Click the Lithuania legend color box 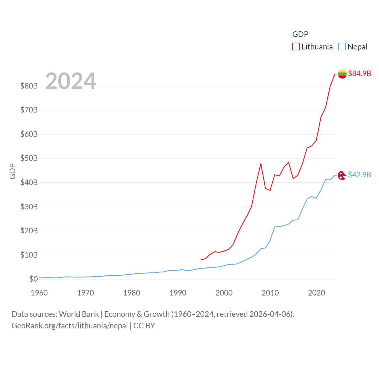(296, 47)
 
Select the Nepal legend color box (342, 47)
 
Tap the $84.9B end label (359, 73)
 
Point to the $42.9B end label (359, 175)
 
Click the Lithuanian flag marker (342, 74)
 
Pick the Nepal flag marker (342, 175)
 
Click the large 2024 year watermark (71, 81)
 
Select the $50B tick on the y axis (29, 158)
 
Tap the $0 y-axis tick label (33, 279)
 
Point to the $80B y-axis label (29, 86)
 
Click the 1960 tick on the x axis (39, 293)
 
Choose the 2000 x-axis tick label (224, 293)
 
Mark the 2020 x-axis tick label (317, 293)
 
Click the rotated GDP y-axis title (12, 171)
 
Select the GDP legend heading (300, 34)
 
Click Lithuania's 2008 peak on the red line (261, 164)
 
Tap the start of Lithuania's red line (201, 260)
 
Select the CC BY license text (144, 326)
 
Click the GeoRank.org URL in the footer (70, 326)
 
